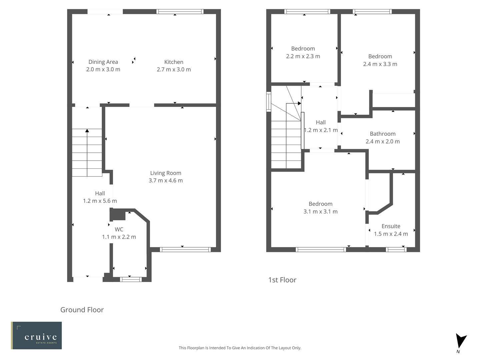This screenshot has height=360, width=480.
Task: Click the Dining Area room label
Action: pyautogui.click(x=103, y=62)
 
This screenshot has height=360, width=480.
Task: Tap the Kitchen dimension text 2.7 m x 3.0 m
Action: pyautogui.click(x=174, y=69)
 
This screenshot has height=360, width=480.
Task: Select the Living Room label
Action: pyautogui.click(x=166, y=173)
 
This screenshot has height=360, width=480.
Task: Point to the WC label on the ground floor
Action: pyautogui.click(x=119, y=229)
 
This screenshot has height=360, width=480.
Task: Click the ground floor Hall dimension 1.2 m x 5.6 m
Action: pyautogui.click(x=100, y=201)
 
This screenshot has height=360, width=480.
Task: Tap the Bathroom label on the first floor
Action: pyautogui.click(x=382, y=134)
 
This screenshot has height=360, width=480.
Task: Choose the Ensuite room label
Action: pyautogui.click(x=391, y=226)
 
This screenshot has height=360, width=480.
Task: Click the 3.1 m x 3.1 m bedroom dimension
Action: pyautogui.click(x=320, y=211)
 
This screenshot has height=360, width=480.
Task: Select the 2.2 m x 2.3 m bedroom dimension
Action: pyautogui.click(x=303, y=56)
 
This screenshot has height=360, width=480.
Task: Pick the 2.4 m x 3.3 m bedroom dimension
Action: pyautogui.click(x=380, y=64)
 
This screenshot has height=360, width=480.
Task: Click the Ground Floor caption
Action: pyautogui.click(x=82, y=310)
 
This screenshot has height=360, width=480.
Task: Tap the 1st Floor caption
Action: pyautogui.click(x=282, y=280)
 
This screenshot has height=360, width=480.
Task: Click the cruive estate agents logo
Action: pyautogui.click(x=37, y=335)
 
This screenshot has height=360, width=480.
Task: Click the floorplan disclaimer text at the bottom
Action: pyautogui.click(x=240, y=348)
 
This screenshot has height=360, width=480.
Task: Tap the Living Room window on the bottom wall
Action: pyautogui.click(x=185, y=249)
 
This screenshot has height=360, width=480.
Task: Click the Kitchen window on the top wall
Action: pyautogui.click(x=180, y=12)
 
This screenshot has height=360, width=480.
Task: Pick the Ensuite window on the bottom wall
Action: pyautogui.click(x=396, y=249)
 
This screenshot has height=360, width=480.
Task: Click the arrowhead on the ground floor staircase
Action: pyautogui.click(x=87, y=131)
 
